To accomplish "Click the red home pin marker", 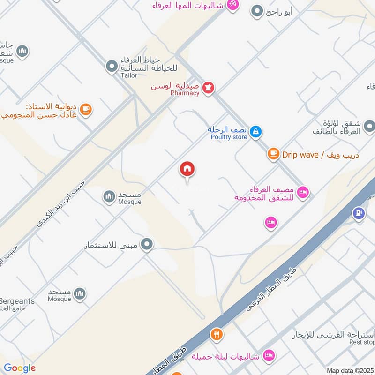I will (x=187, y=169).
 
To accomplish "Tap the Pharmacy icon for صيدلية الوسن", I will (x=209, y=87).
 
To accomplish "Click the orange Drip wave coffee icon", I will (x=273, y=154).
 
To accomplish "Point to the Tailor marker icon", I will (x=112, y=67).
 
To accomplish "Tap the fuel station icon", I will (x=359, y=213).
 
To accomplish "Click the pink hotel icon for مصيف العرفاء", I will (x=303, y=192).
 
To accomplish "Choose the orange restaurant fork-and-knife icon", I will (x=217, y=334).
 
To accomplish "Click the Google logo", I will (x=20, y=368).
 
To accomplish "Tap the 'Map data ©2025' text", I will (x=350, y=370).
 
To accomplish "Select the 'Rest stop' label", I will (x=362, y=342).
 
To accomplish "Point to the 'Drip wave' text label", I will (x=300, y=155).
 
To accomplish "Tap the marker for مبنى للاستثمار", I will (x=147, y=244).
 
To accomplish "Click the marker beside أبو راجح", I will (x=257, y=11).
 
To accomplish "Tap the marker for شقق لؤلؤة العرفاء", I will (x=369, y=126).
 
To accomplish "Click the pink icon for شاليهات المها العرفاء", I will (x=232, y=4).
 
